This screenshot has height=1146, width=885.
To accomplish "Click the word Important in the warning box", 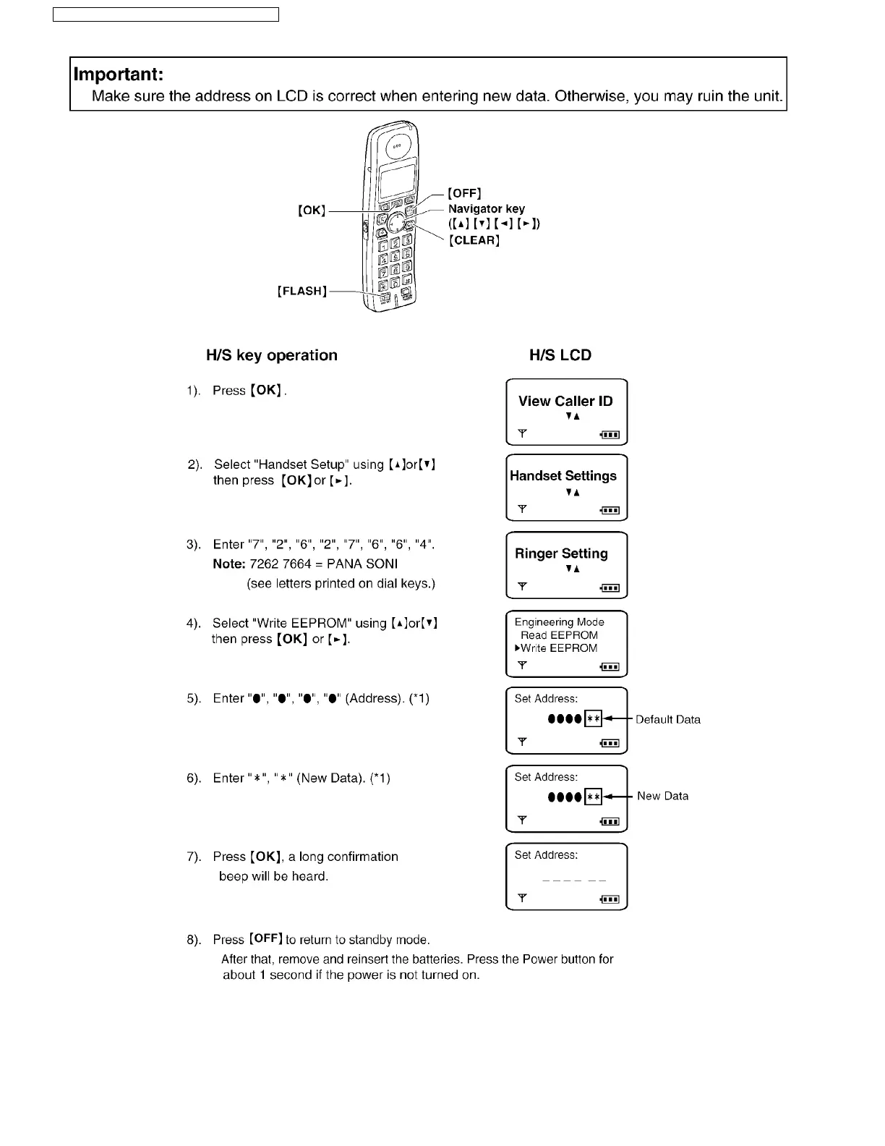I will tap(119, 75).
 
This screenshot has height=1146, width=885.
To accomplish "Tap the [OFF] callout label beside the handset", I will tap(464, 193).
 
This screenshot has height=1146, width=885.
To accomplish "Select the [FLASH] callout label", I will tap(302, 291).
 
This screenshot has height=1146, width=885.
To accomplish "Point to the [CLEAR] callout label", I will tap(474, 240).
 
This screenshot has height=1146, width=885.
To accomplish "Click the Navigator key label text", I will tap(487, 209).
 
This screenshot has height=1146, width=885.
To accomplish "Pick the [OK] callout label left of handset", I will tap(312, 211).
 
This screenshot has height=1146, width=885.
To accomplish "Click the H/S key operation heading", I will tap(272, 355).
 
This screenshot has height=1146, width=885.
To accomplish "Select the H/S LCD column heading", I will tap(560, 355).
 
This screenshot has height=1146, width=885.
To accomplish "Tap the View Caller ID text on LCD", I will tap(565, 401).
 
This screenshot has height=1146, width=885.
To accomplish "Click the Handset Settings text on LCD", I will tap(563, 476).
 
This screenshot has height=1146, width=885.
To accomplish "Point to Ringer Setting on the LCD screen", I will tap(561, 553).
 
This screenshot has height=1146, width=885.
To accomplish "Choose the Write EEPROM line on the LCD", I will tap(558, 648).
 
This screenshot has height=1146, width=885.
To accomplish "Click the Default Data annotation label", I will tap(667, 720).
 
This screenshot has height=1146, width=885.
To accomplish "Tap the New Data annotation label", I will tap(662, 796).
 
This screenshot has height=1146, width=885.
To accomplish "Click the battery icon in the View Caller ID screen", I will tap(610, 435).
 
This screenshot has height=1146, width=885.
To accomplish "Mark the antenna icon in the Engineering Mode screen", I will tap(522, 666).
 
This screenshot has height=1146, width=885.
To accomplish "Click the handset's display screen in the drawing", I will tap(397, 181).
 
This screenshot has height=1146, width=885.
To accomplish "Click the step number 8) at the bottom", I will tap(194, 940).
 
